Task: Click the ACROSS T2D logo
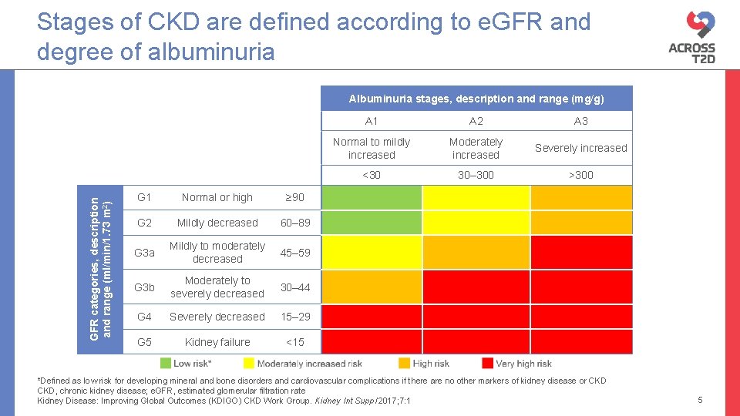[x=691, y=36]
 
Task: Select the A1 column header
[x=372, y=121]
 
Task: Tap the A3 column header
[x=580, y=121]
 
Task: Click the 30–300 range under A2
[x=476, y=175]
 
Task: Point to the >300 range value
[x=580, y=175]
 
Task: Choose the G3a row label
[x=144, y=253]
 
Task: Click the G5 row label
[x=144, y=342]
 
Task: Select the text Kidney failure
[x=217, y=342]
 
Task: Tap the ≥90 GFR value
[x=294, y=197]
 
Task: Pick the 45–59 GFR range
[x=294, y=253]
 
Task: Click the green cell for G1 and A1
[x=372, y=197]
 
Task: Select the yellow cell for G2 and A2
[x=476, y=223]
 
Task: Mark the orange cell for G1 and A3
[x=580, y=197]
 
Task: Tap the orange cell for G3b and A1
[x=372, y=287]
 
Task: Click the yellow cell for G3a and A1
[x=372, y=253]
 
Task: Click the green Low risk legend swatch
[x=166, y=363]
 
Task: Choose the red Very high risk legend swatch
[x=487, y=363]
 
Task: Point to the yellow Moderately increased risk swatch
[x=249, y=363]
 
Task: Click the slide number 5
[x=700, y=400]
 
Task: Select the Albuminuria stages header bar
[x=476, y=99]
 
